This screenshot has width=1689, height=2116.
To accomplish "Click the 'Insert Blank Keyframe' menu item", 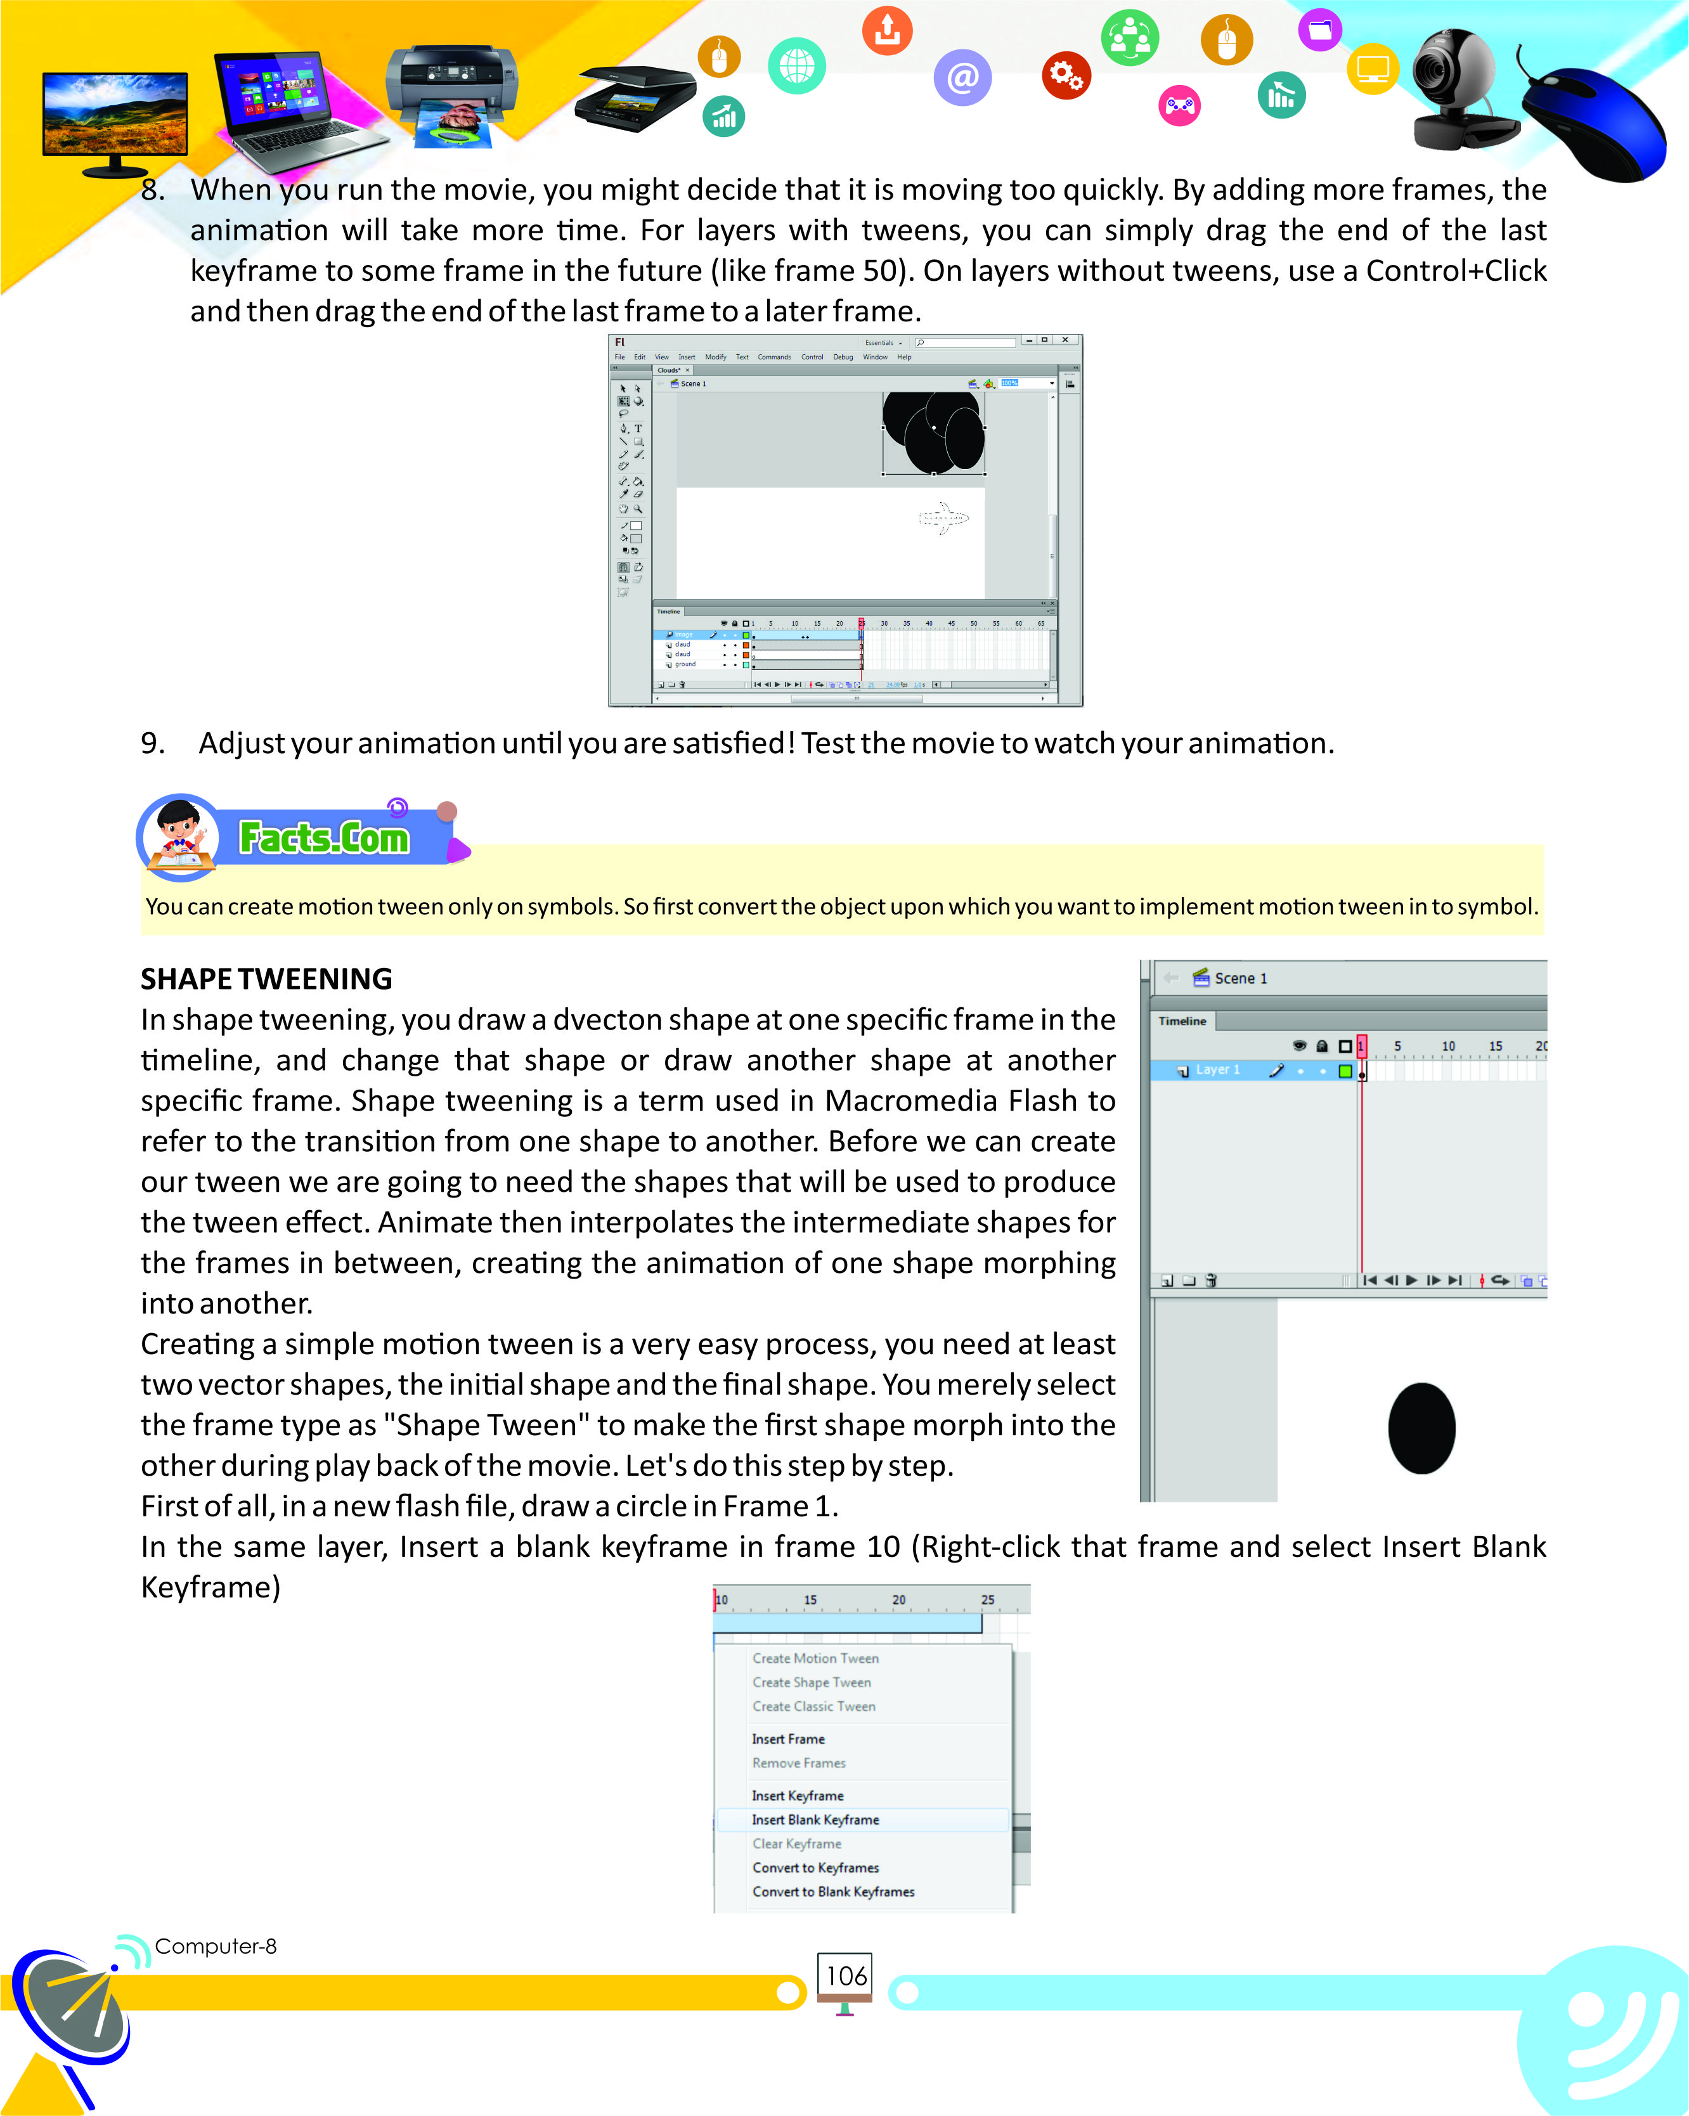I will [x=815, y=1819].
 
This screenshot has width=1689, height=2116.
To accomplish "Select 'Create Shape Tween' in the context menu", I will [x=811, y=1682].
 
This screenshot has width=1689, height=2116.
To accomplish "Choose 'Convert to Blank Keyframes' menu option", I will [x=832, y=1891].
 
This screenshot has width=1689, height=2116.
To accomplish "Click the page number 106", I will [x=845, y=1976].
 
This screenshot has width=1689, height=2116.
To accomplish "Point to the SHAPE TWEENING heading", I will [x=266, y=979].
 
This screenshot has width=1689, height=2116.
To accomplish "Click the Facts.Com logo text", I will [x=324, y=838].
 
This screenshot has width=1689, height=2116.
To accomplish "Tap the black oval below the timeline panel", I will [x=1421, y=1428].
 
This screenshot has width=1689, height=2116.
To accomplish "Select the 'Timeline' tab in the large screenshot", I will [x=1182, y=1021].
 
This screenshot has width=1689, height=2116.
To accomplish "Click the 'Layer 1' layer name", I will [x=1217, y=1070].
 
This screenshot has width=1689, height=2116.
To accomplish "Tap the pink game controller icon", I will [x=1180, y=105].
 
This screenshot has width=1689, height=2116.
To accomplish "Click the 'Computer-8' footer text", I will [x=216, y=1946].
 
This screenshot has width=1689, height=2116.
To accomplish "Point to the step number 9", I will [x=152, y=743].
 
